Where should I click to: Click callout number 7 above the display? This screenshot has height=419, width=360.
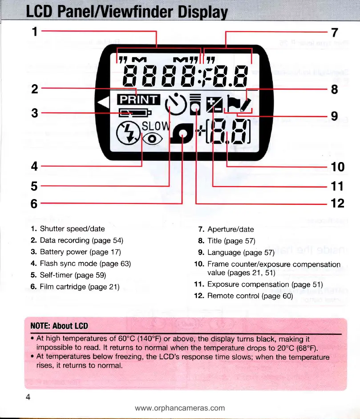click(x=335, y=33)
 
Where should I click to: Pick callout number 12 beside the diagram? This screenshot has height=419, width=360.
click(x=337, y=203)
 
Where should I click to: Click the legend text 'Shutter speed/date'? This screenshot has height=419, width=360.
click(x=72, y=229)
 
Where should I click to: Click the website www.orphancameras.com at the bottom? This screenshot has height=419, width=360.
click(x=180, y=407)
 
